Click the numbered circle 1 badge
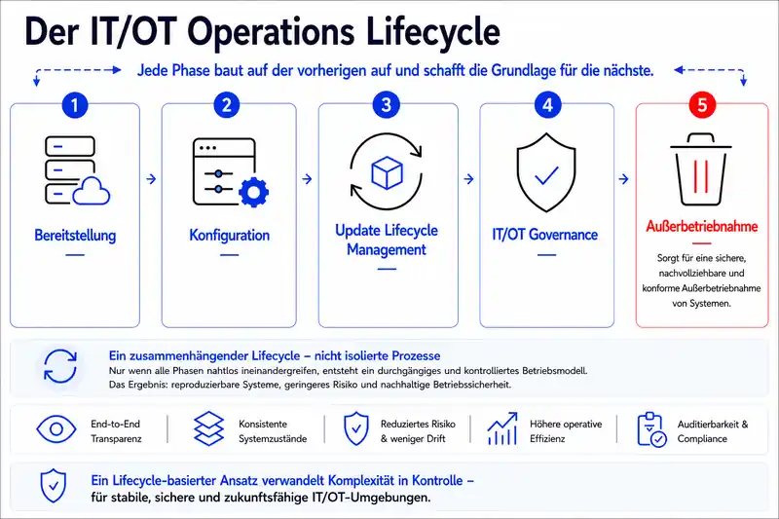75,105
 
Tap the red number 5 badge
702,105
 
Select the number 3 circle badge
386,105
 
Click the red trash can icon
701,169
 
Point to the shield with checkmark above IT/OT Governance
546,172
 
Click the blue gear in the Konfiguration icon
254,192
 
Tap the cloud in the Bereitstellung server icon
92,192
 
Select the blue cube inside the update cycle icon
387,172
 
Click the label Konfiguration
229,235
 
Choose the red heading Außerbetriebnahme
701,227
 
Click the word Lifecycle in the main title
432,31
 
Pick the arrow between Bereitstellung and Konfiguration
151,179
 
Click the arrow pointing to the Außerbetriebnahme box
624,179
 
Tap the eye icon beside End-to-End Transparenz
56,429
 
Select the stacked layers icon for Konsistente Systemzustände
208,428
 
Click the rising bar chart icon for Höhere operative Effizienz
502,428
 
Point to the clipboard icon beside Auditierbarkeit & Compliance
651,429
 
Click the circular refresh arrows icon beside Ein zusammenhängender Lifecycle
60,366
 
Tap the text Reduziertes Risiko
418,425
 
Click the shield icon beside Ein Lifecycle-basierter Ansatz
54,485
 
